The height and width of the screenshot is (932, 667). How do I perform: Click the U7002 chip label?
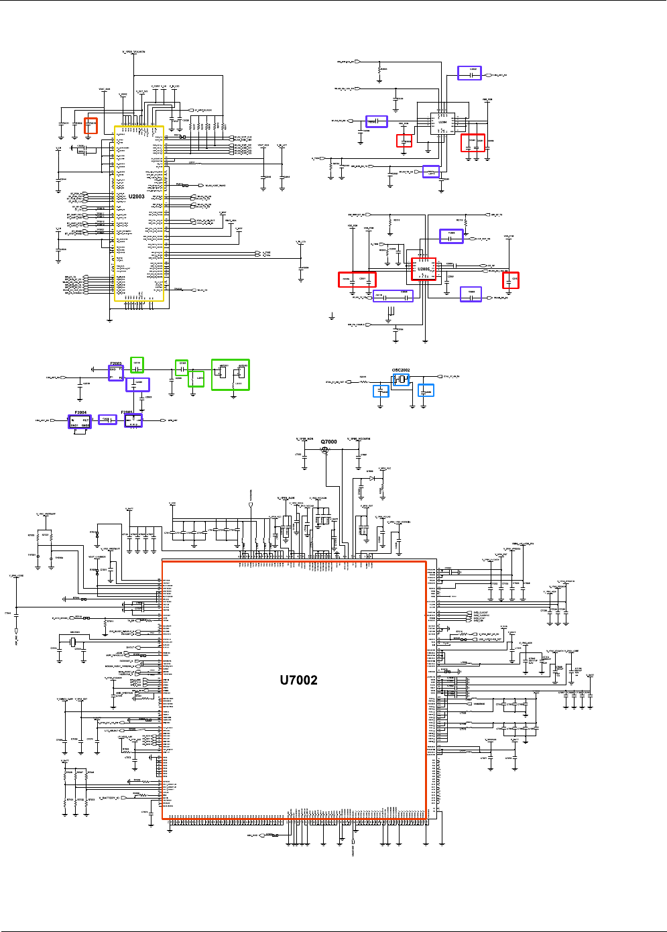coord(298,680)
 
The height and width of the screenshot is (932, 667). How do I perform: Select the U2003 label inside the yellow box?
coord(137,196)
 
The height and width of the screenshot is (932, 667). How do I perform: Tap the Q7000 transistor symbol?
coord(326,451)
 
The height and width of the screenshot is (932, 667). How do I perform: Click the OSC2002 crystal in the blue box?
coord(401,380)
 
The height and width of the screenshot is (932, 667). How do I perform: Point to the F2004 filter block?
coord(80,422)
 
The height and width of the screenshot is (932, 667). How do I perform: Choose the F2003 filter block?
coord(116,373)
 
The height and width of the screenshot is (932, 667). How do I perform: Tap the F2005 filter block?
coord(133,420)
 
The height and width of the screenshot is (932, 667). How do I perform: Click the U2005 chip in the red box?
coord(424,270)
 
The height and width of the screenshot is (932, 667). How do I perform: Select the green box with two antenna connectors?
coord(230,374)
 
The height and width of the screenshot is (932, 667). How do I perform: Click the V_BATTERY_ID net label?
coord(109,798)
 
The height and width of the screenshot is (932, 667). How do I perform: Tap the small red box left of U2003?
coord(90,125)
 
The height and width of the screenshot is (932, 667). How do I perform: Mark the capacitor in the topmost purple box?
coord(469,73)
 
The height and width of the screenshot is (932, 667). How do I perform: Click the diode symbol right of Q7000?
coord(371,479)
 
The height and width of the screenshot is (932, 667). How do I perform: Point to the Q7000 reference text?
coord(328,442)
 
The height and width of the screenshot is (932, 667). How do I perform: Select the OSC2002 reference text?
coord(401,369)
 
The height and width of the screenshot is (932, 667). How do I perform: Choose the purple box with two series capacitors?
coord(393,296)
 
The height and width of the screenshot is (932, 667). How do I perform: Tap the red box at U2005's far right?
coord(511,280)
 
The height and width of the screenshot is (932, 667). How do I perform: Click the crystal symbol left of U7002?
coord(74,642)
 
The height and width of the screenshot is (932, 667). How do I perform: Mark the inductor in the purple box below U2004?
coord(431,172)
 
